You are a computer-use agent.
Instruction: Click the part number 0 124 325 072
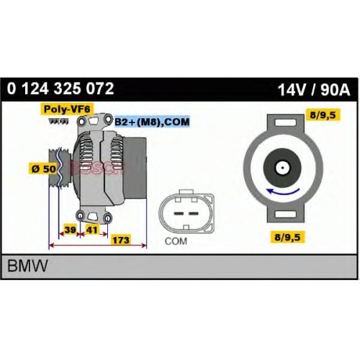[60, 89]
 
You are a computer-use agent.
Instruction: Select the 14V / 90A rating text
[314, 90]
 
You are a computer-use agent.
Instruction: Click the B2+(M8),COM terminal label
[152, 122]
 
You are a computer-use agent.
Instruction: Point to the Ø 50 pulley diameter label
[44, 168]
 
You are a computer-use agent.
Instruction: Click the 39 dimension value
[70, 230]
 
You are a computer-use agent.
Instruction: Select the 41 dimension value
[91, 230]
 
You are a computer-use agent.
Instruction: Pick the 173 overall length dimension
[121, 240]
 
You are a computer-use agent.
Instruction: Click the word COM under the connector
[176, 241]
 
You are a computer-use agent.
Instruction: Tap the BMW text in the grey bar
[27, 266]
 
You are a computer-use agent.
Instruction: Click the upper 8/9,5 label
[323, 115]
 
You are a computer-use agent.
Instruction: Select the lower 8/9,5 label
[287, 237]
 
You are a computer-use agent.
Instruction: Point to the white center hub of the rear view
[282, 168]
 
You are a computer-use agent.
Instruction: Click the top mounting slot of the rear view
[286, 123]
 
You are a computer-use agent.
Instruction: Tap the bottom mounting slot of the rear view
[286, 214]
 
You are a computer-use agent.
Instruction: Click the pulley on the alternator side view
[60, 168]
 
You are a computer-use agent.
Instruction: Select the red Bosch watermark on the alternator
[96, 167]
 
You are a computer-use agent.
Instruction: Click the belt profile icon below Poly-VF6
[58, 122]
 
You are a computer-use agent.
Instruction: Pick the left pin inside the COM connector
[179, 213]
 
